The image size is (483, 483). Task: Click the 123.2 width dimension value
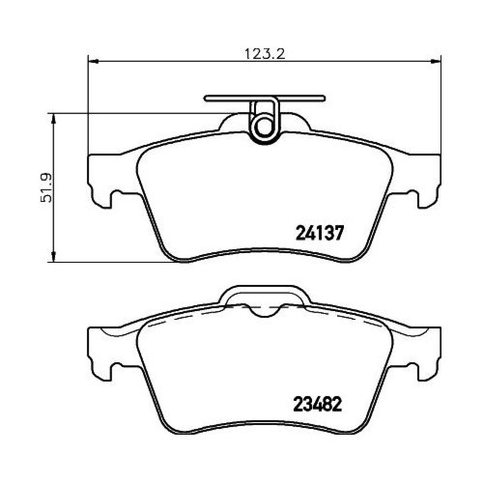265,54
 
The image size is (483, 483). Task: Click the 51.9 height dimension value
46,188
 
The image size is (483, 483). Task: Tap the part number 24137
319,233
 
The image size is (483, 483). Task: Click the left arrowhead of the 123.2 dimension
93,61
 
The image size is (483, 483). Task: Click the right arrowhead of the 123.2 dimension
436,61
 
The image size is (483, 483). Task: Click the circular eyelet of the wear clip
264,127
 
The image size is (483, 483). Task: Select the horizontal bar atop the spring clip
265,98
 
